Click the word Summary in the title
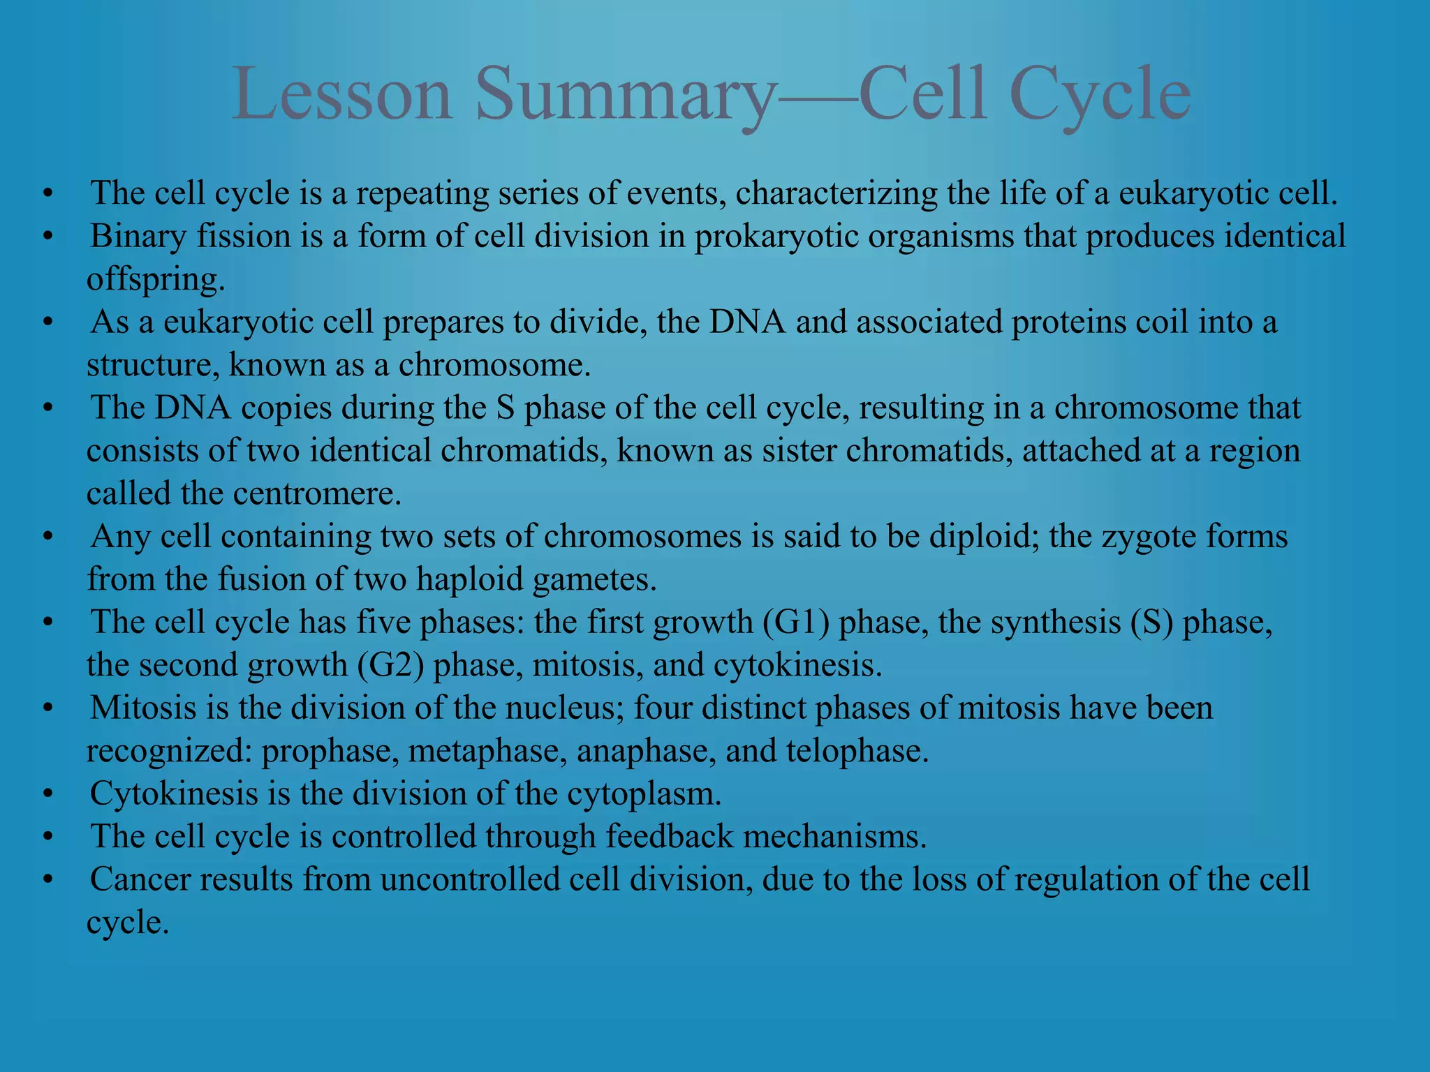(626, 94)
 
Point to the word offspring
(155, 280)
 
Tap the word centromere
(317, 494)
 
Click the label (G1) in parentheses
(795, 623)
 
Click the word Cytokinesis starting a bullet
(174, 794)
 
